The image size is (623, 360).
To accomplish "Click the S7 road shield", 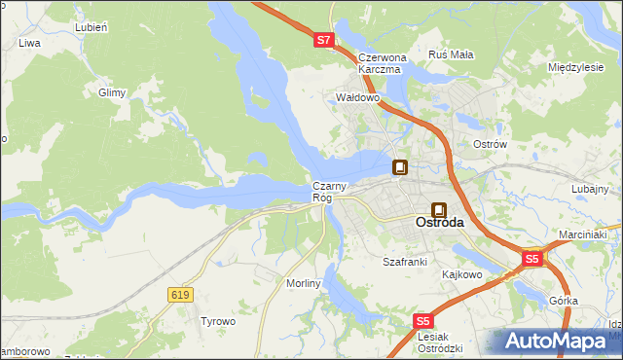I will [x=325, y=41].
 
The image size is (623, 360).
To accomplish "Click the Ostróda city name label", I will [x=440, y=222].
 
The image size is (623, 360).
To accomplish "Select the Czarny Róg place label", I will [x=323, y=192].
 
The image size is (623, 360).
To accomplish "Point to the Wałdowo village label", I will [x=356, y=98].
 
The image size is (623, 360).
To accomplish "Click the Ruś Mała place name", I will [x=451, y=54].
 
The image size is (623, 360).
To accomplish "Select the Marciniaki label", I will [x=583, y=234].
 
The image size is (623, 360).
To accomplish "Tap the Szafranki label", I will [x=405, y=262].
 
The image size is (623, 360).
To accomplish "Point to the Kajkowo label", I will [x=462, y=274].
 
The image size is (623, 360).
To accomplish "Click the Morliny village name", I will [x=303, y=283].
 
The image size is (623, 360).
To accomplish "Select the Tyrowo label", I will [x=218, y=320].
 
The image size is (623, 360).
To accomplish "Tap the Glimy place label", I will [x=113, y=92].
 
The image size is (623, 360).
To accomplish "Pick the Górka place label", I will [x=563, y=302].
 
